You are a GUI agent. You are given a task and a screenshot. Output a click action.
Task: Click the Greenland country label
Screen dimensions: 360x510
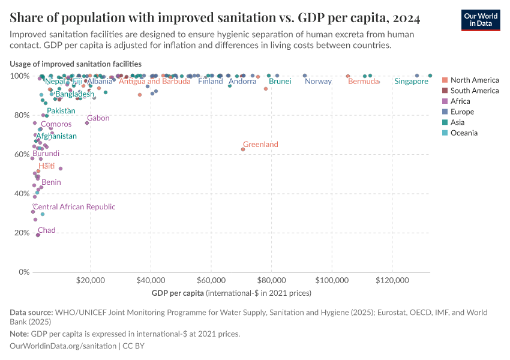click(260, 145)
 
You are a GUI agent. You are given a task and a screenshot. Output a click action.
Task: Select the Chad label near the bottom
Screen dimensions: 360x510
click(47, 230)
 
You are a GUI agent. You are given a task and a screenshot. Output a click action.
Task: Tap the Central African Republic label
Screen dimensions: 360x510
click(74, 207)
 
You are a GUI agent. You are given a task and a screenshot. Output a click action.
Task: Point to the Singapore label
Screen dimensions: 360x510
click(411, 82)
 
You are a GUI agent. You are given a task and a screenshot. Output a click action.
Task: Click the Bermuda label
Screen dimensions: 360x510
click(364, 82)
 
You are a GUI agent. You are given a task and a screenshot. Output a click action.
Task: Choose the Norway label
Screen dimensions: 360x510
click(318, 82)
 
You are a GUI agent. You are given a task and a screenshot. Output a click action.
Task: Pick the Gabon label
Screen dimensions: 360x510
click(98, 118)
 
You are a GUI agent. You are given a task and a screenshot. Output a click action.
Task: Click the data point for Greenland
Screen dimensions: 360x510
click(243, 149)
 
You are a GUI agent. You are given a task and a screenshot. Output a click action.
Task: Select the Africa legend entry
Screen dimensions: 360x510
click(461, 101)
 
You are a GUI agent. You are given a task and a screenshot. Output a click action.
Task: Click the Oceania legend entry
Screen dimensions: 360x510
click(464, 133)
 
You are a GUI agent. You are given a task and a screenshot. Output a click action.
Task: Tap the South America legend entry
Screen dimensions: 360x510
click(474, 91)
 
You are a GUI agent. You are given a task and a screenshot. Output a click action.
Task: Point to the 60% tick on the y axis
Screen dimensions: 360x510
click(21, 154)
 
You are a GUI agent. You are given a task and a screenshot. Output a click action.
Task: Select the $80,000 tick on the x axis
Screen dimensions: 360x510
click(272, 280)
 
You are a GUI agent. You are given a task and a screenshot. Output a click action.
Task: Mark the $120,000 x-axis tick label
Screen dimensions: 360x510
click(392, 280)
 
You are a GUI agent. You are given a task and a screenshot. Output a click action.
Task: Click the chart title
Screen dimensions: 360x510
click(215, 18)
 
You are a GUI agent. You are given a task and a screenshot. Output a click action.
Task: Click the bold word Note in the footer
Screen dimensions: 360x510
click(19, 334)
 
